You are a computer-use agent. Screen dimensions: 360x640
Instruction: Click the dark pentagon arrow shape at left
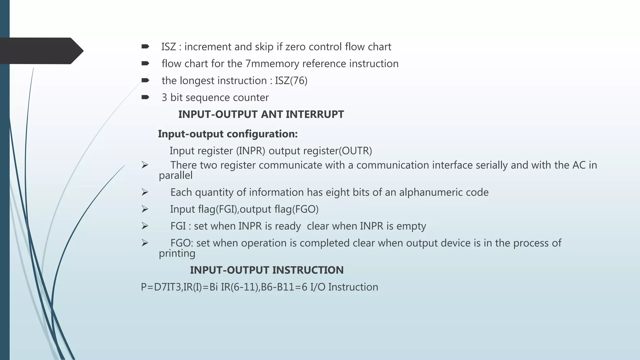41,51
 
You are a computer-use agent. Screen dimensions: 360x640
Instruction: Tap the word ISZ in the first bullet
169,47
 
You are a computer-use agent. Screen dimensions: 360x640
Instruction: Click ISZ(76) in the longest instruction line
291,81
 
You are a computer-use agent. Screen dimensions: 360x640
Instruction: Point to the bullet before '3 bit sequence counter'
145,97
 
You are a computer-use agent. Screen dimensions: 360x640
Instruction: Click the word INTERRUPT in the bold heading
315,114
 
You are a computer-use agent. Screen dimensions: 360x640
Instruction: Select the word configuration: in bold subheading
262,134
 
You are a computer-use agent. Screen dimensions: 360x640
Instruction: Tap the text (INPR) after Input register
250,151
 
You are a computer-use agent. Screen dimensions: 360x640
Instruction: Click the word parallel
176,175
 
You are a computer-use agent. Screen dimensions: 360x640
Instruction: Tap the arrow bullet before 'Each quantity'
145,192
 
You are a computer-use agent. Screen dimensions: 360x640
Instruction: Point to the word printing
177,253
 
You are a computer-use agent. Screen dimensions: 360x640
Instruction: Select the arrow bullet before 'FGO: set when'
145,243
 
